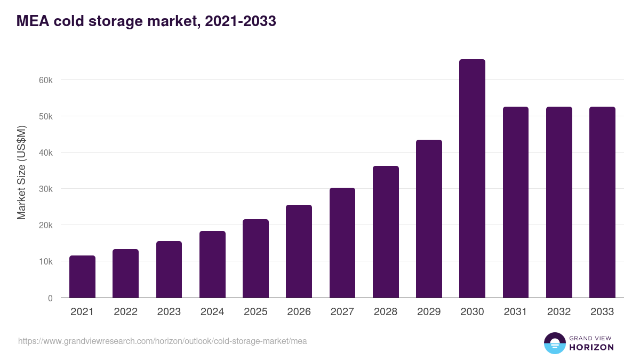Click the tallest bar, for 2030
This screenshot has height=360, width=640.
click(x=472, y=179)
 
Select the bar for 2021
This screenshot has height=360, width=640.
click(x=82, y=277)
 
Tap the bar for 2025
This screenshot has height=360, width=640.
click(x=255, y=259)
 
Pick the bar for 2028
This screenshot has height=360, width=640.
click(x=386, y=232)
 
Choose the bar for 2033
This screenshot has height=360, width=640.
click(x=602, y=203)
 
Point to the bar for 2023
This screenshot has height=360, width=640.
click(x=169, y=269)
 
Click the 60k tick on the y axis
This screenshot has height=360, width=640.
click(x=46, y=80)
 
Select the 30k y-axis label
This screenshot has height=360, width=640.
click(x=46, y=189)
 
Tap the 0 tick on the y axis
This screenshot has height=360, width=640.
click(x=50, y=298)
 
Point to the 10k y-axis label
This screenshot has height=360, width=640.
click(x=46, y=262)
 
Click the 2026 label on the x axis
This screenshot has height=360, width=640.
click(x=299, y=312)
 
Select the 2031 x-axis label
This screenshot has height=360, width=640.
click(x=516, y=312)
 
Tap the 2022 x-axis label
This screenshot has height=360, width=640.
click(x=125, y=312)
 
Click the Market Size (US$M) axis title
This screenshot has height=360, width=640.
click(x=21, y=172)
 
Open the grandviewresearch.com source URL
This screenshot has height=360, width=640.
click(x=163, y=341)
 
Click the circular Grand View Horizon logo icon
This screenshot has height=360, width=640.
click(x=555, y=343)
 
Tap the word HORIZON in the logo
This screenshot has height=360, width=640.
click(x=591, y=347)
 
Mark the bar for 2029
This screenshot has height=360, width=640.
click(x=429, y=219)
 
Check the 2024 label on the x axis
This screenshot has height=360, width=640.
click(x=212, y=312)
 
